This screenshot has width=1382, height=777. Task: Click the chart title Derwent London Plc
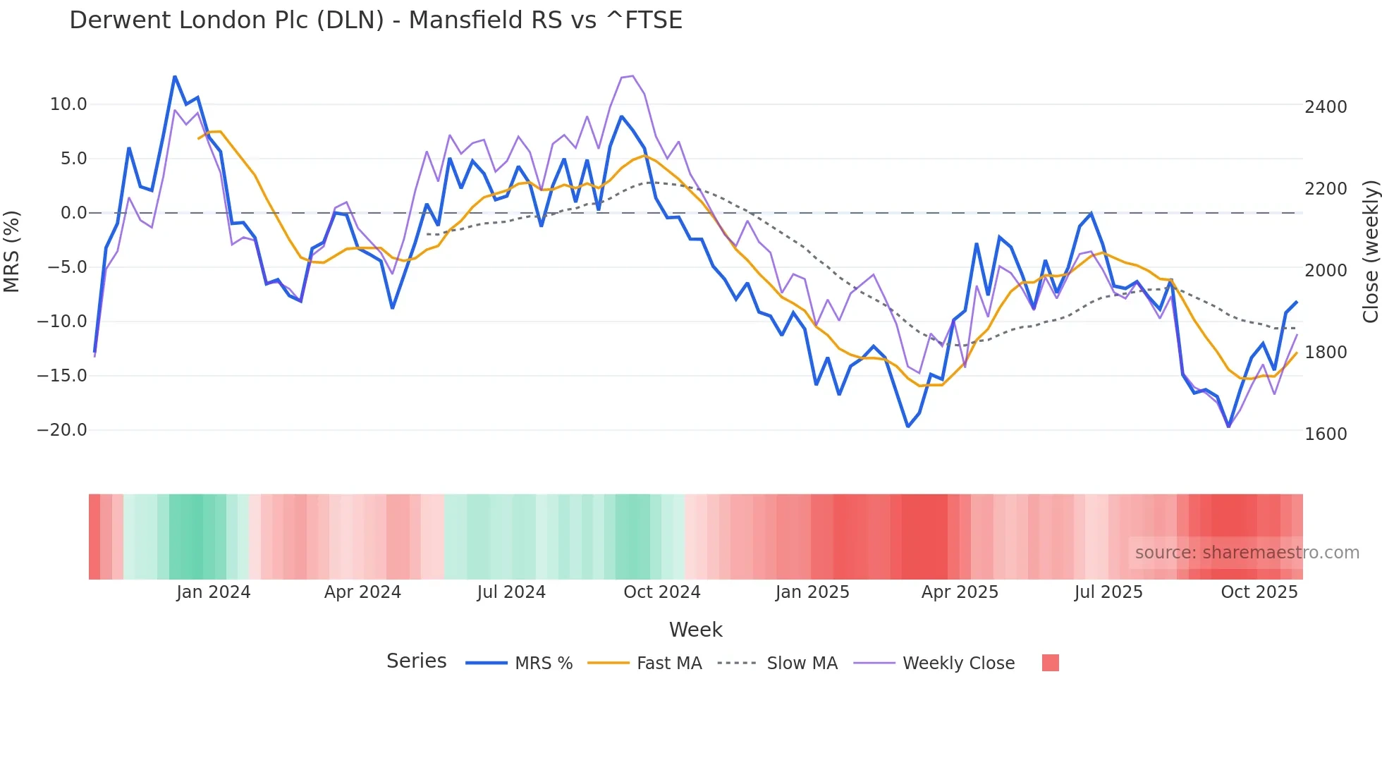point(375,20)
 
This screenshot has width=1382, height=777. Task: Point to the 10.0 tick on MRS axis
point(68,104)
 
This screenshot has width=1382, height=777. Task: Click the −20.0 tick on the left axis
point(62,430)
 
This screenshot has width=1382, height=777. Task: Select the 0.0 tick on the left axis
point(74,213)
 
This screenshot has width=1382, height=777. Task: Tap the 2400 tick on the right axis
point(1326,107)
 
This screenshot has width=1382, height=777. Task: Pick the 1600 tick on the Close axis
point(1326,434)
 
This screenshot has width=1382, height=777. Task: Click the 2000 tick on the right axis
point(1326,271)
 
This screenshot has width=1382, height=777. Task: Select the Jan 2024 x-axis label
point(213,592)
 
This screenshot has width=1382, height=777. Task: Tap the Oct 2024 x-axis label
point(661,592)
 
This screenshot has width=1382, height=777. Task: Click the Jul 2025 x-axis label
point(1108,592)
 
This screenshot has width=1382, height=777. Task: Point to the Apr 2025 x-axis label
point(960,592)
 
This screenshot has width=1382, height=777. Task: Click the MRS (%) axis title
point(12,251)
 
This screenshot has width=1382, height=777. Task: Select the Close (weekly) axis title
point(1370,252)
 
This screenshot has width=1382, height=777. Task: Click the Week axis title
point(695,630)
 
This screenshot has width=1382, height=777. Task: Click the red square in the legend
point(1050,663)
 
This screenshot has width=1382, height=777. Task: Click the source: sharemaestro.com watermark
point(1247,553)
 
